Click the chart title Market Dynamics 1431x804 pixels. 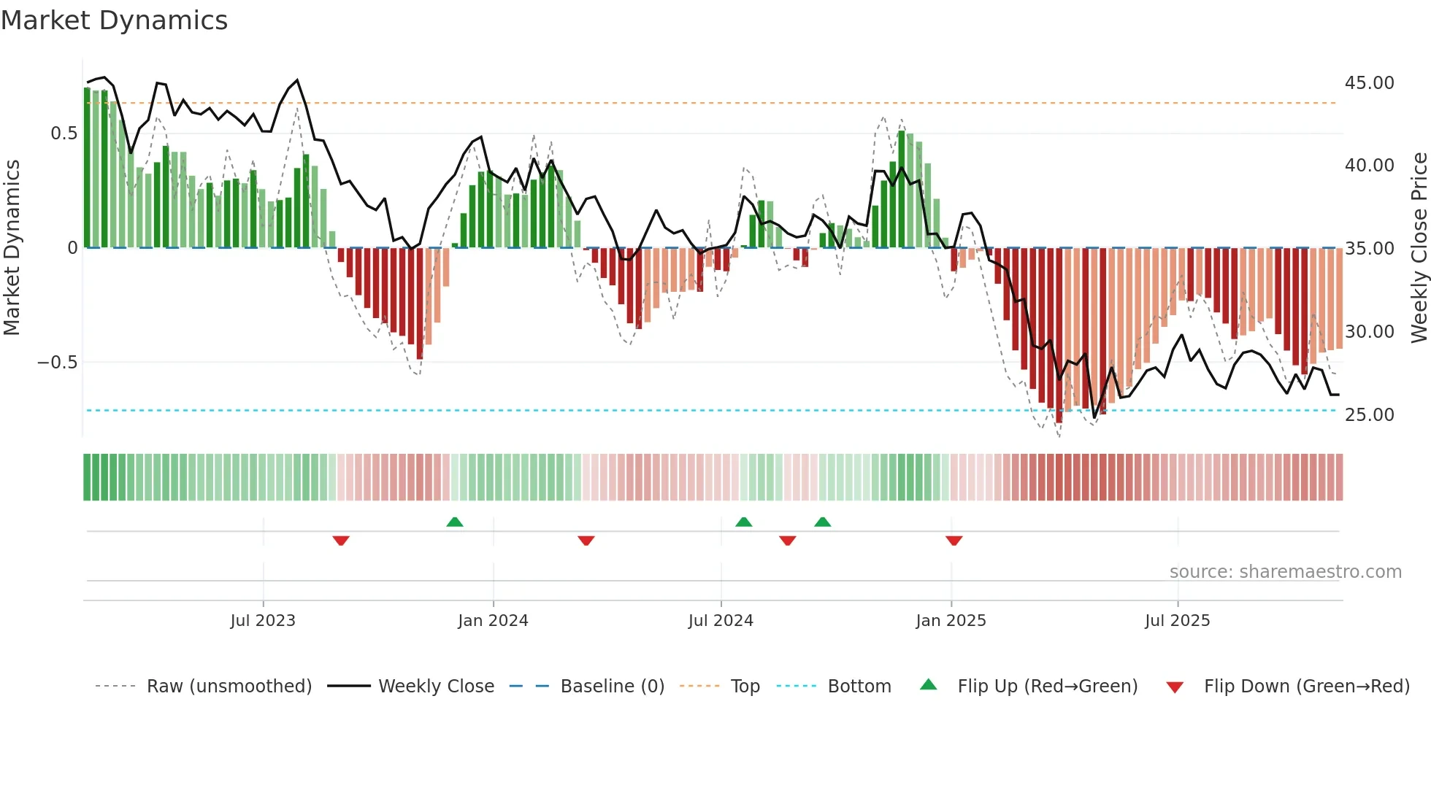(x=114, y=20)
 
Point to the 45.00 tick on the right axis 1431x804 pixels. (x=1369, y=83)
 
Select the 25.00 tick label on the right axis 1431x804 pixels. (x=1369, y=415)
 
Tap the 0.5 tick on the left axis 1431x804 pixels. (x=64, y=134)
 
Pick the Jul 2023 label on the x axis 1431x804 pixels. (x=263, y=621)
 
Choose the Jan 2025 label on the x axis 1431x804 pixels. (x=951, y=621)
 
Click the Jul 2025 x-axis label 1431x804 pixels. (x=1177, y=621)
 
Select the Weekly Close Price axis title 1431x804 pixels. (x=1419, y=248)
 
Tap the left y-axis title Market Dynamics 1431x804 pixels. (x=12, y=248)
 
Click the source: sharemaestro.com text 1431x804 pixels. (x=1285, y=572)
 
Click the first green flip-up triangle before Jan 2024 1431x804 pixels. (x=455, y=522)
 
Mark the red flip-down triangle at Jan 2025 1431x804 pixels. (x=954, y=541)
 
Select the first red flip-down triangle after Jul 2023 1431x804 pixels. (x=341, y=541)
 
